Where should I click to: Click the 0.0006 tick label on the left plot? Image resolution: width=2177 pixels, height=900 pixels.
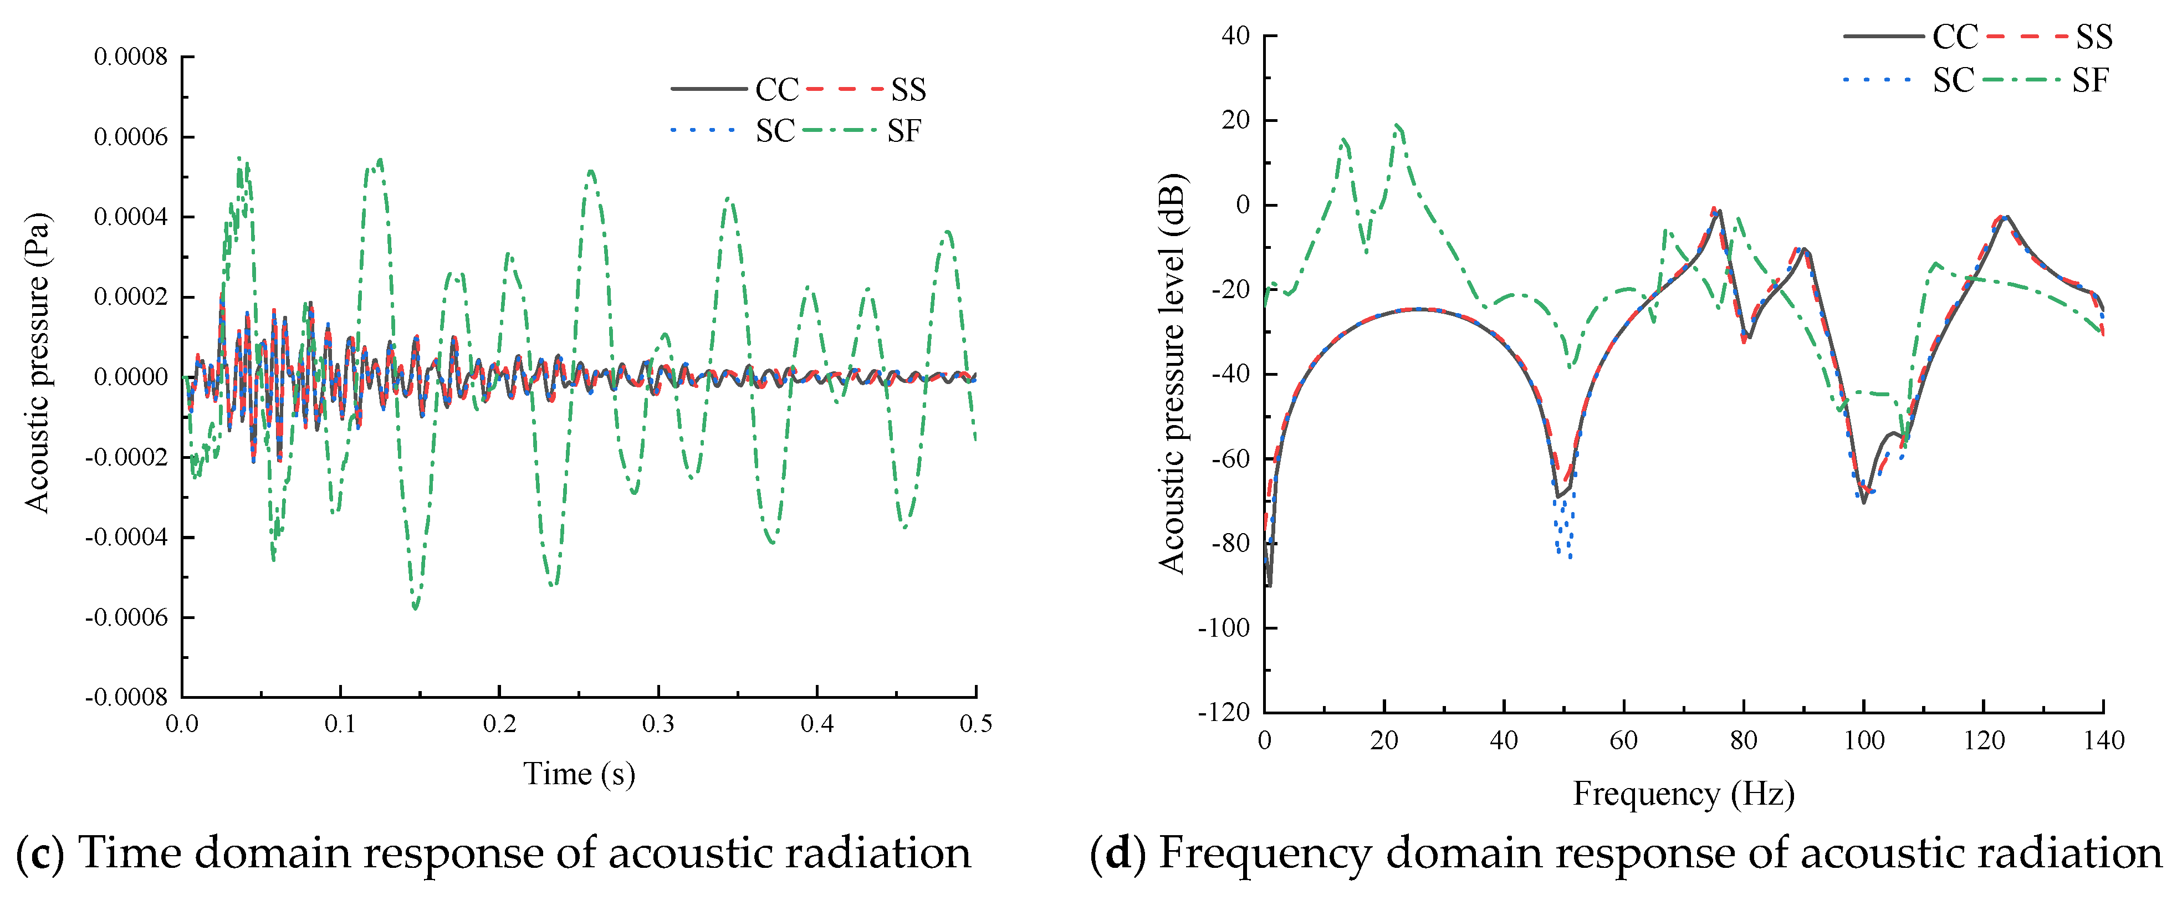click(x=131, y=137)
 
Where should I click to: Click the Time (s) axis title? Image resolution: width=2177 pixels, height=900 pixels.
click(x=579, y=773)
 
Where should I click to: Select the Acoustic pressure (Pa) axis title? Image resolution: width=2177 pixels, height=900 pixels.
click(x=37, y=364)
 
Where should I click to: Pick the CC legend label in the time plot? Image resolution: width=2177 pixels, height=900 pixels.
click(x=776, y=90)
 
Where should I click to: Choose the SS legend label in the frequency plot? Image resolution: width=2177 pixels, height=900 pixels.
click(x=2094, y=37)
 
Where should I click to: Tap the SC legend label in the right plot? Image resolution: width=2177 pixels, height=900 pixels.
click(x=1953, y=81)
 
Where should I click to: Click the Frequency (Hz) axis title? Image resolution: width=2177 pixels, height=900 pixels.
click(x=1683, y=794)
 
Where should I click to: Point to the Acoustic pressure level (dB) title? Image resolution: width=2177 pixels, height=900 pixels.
click(x=1173, y=374)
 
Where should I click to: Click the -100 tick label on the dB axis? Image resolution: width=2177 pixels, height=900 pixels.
click(x=1224, y=628)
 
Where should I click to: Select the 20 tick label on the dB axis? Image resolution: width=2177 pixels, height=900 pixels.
click(x=1235, y=120)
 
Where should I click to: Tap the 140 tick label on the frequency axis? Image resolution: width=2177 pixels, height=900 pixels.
click(x=2103, y=741)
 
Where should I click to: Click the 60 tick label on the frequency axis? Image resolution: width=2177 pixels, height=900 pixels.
click(x=1623, y=741)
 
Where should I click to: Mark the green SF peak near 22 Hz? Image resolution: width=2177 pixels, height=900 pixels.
click(x=1398, y=127)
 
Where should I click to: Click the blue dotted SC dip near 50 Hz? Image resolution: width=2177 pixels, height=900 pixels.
click(x=1564, y=549)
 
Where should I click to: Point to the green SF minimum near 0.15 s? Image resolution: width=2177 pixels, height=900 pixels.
click(x=415, y=607)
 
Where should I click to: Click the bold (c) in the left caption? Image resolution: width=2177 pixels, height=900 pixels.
click(x=40, y=853)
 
